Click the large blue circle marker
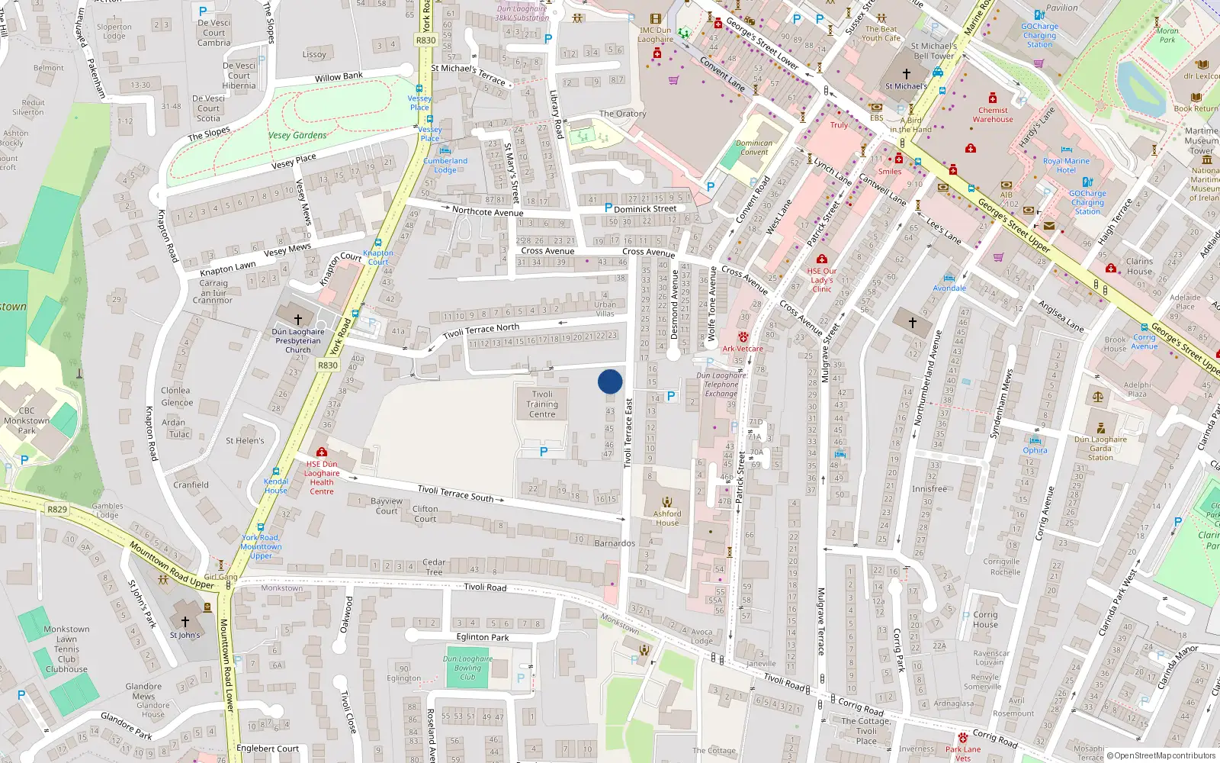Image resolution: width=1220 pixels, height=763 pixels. point(610,381)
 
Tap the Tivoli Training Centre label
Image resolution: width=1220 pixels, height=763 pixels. point(542,404)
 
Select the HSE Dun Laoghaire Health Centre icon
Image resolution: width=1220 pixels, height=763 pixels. point(322,452)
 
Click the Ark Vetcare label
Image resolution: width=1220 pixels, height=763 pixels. point(743,349)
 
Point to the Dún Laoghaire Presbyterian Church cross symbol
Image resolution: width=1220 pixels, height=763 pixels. point(298,319)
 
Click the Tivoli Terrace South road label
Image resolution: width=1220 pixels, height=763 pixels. point(456,493)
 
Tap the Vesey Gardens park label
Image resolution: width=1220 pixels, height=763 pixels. point(297,135)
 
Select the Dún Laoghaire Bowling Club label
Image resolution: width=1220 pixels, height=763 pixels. point(467,668)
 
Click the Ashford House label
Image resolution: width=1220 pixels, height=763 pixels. point(667,518)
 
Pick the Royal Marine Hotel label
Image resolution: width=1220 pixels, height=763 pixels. point(1066,166)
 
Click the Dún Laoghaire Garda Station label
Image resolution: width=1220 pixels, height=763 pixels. point(1100,448)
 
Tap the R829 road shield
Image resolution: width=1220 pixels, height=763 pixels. point(57,509)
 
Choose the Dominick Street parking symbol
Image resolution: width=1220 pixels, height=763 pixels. point(608,208)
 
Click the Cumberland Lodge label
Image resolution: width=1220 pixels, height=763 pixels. point(445,165)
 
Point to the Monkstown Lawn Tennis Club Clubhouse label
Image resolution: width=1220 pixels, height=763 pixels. point(66,649)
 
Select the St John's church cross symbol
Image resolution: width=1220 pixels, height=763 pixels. point(185,622)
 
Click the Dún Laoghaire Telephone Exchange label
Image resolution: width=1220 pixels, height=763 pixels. point(721,385)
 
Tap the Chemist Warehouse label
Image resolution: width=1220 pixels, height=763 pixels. point(993,114)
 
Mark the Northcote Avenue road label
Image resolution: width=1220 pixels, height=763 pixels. point(487,211)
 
